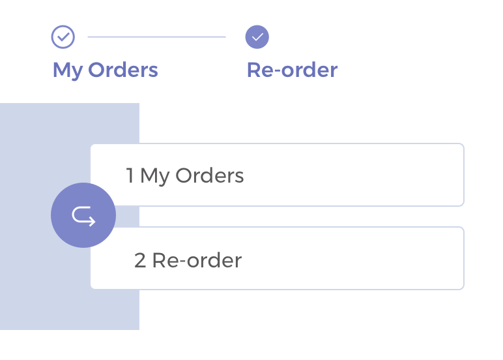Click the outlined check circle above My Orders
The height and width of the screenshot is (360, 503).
pos(63,37)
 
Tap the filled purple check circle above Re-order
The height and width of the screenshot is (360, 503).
pos(257,37)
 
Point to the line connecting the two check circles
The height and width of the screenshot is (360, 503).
pos(156,37)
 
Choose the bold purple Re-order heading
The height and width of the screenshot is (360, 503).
pos(292,70)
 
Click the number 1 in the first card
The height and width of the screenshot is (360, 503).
pos(130,175)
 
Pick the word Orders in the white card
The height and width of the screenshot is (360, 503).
pos(209,175)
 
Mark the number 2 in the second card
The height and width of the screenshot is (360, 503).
pos(140,260)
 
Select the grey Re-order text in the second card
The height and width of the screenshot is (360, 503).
pos(197,260)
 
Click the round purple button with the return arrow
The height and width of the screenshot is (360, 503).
pos(83,215)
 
